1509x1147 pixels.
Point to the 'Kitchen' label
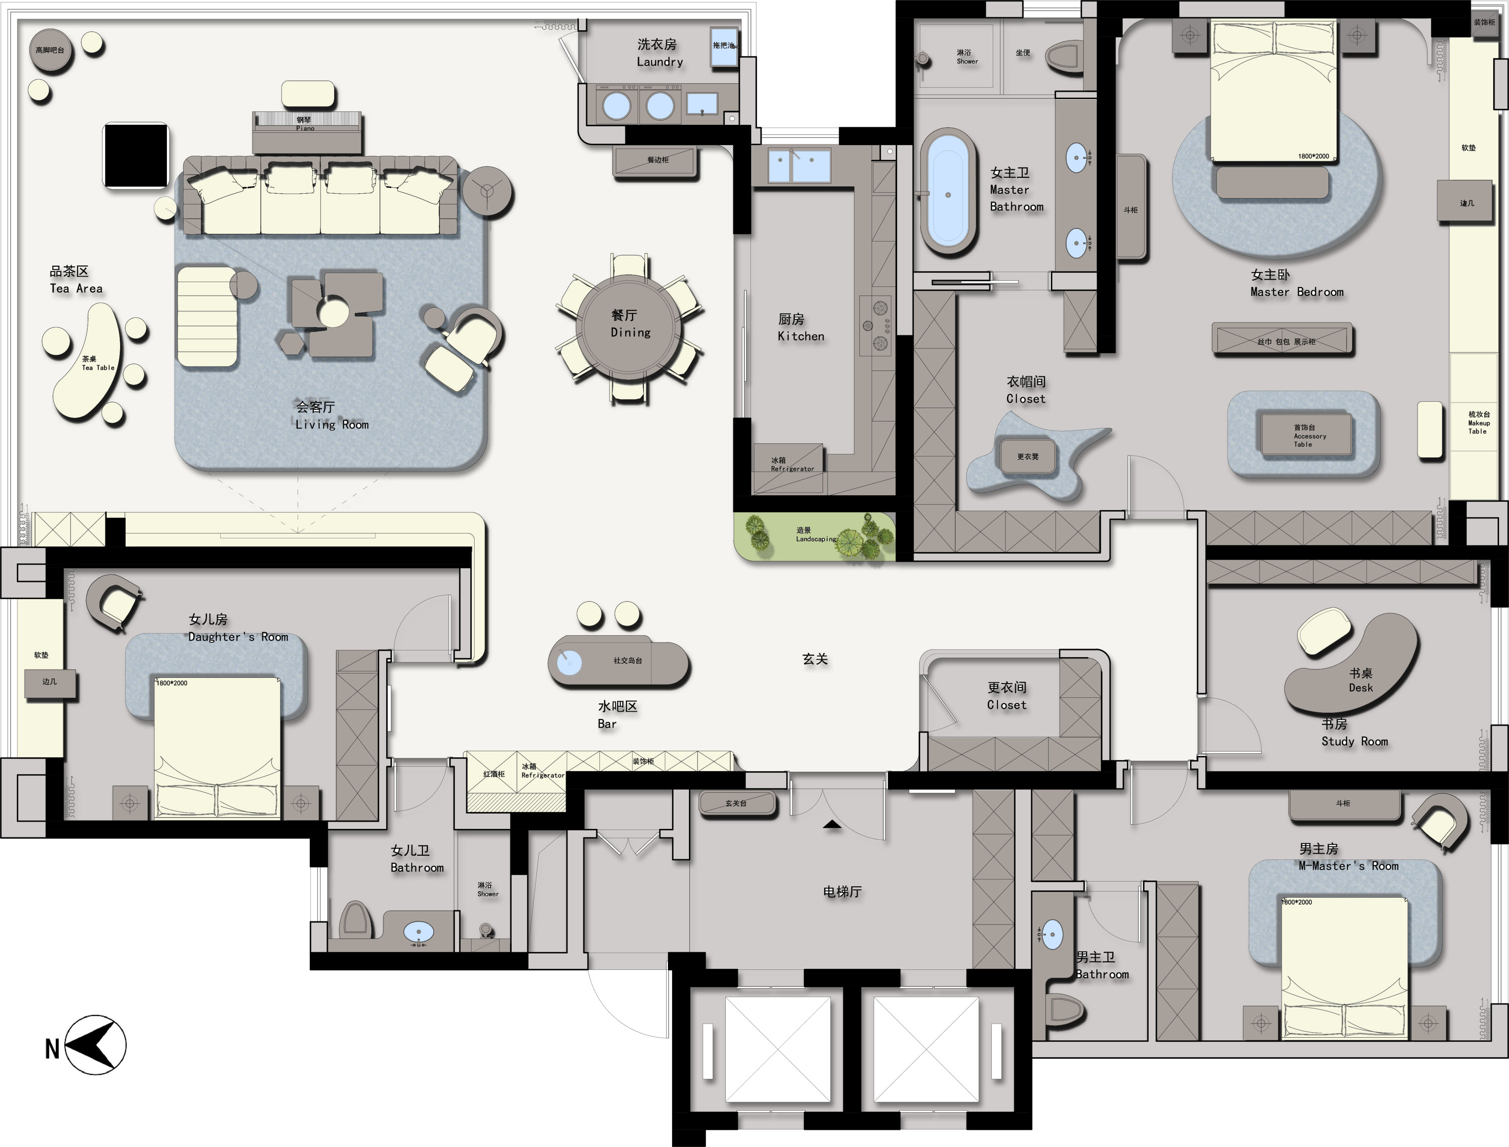[801, 336]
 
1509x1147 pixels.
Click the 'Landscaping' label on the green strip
[816, 539]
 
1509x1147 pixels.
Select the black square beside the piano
[136, 155]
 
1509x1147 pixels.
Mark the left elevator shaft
[777, 1049]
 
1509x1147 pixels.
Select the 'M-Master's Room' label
[1348, 866]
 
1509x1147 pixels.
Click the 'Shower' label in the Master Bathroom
[967, 61]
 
